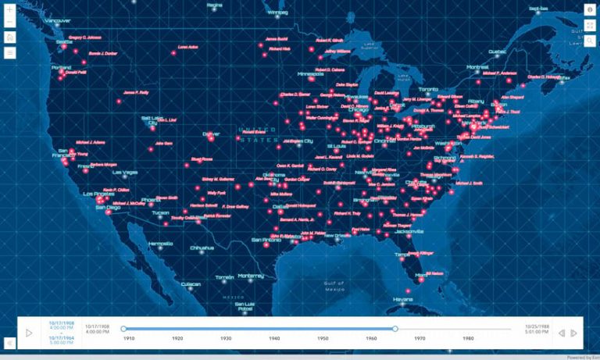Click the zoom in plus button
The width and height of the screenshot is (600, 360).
9,9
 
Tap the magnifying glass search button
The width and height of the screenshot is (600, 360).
590,41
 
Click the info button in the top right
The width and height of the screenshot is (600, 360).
590,9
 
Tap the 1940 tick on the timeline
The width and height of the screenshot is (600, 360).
274,337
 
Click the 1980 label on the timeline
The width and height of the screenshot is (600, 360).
468,337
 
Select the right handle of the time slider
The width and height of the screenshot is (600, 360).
395,329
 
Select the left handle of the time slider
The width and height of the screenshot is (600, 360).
123,329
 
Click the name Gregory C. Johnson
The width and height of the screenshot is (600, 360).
85,37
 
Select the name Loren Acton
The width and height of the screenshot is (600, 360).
188,47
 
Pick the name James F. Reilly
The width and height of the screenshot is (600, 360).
136,92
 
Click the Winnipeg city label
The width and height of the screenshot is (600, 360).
277,13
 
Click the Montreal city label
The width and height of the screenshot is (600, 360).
477,67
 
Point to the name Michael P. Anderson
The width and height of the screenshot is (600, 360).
499,73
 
